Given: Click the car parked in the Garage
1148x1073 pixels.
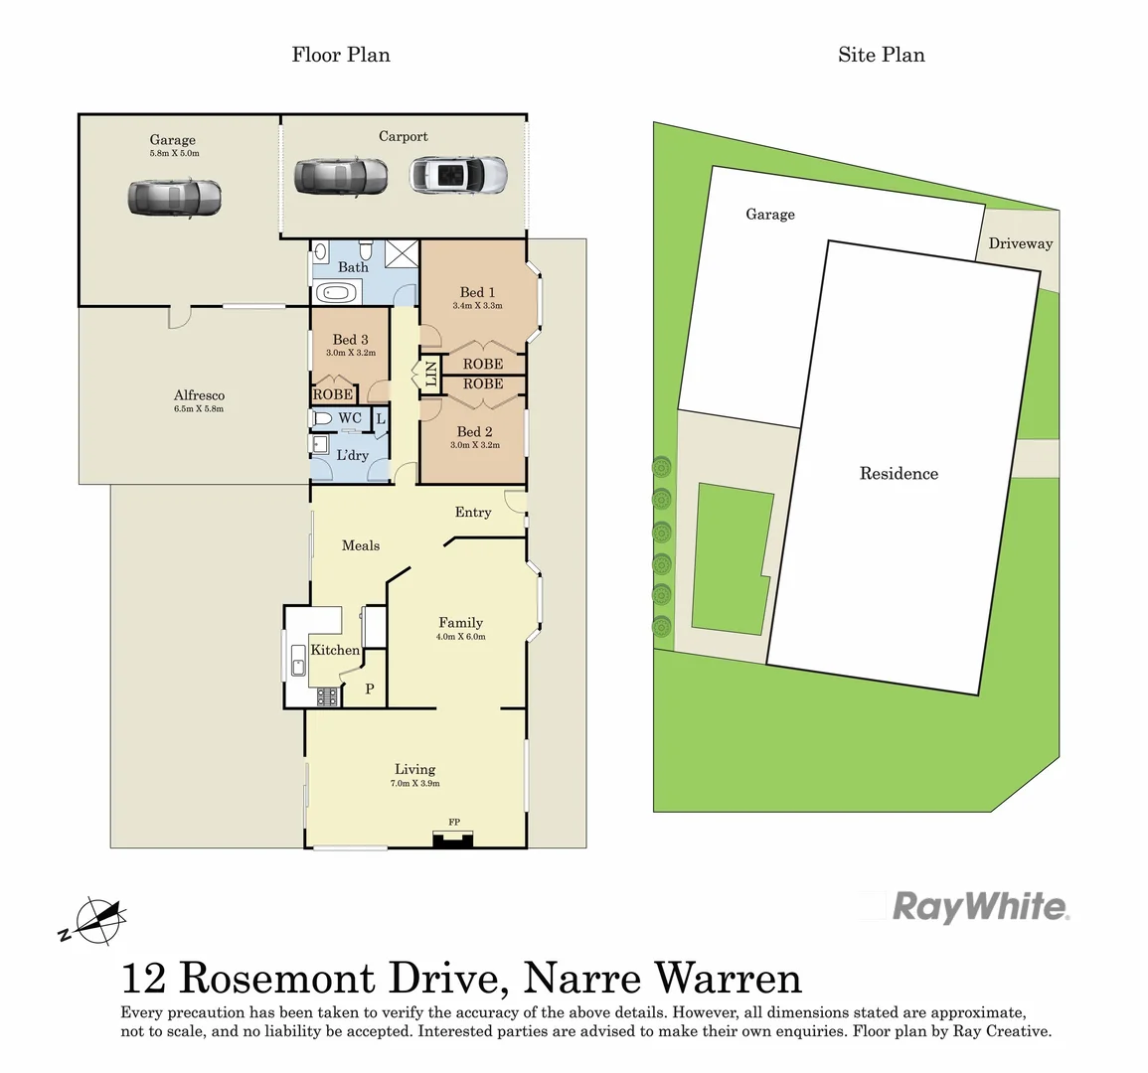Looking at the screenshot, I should (x=174, y=198).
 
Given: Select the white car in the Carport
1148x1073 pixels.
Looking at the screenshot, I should (x=458, y=176).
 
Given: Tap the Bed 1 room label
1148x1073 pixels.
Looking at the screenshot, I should (x=477, y=292).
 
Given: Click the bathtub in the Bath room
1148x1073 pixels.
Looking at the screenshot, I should (x=336, y=294).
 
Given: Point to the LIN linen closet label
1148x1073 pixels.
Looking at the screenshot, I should (x=431, y=374).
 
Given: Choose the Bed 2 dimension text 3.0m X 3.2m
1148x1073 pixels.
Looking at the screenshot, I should (x=475, y=445).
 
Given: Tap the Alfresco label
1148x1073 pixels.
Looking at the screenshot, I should (x=199, y=395).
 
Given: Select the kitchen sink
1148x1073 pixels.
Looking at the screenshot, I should (x=297, y=660).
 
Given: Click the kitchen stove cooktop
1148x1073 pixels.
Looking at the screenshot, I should (x=328, y=697).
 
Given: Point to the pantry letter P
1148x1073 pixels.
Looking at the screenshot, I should (x=370, y=689).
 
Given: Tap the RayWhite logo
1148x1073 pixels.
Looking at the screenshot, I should (x=979, y=907).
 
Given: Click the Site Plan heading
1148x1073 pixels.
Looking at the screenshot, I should (x=881, y=55).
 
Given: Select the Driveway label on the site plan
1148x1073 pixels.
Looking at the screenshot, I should (x=1020, y=243).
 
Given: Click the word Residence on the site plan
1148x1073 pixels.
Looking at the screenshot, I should (x=899, y=474).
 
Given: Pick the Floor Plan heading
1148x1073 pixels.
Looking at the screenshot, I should (x=341, y=55).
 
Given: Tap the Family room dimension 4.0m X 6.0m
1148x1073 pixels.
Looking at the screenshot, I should (x=461, y=637).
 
